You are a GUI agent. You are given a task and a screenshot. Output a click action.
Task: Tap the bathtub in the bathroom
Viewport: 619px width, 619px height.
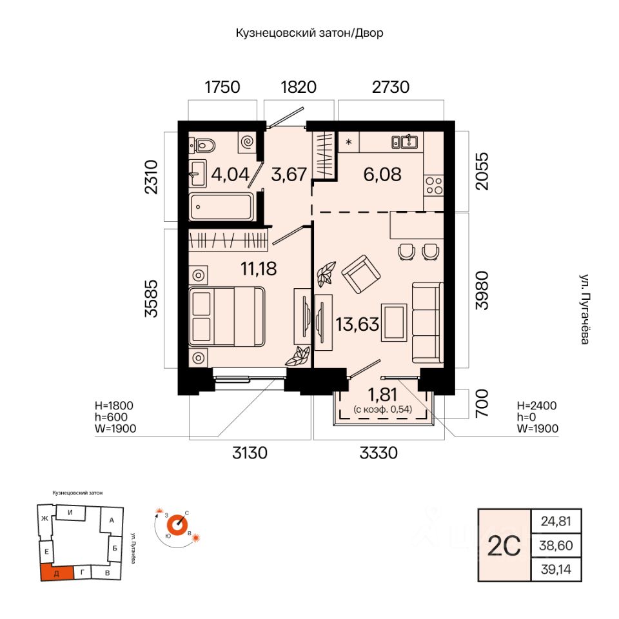[x=221, y=206]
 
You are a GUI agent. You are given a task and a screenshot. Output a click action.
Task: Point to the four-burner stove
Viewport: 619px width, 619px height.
[x=433, y=186]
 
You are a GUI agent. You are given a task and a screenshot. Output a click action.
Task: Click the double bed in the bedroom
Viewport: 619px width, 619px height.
[x=226, y=317]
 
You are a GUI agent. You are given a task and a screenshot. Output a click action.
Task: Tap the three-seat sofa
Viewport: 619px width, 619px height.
[x=427, y=322]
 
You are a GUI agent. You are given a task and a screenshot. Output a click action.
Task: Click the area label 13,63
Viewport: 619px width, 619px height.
[x=357, y=324]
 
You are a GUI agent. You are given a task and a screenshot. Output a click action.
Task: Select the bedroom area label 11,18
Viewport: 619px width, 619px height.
[x=259, y=269]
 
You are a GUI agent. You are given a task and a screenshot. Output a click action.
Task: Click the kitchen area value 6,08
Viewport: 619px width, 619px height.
[x=382, y=175]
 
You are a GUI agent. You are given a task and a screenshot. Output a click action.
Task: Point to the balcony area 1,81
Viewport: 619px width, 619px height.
[x=382, y=394]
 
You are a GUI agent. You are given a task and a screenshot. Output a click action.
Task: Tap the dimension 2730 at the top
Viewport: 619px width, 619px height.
[x=391, y=87]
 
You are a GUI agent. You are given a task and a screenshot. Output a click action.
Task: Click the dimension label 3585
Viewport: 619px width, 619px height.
[x=151, y=299]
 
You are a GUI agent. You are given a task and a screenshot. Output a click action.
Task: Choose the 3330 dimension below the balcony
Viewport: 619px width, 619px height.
[x=378, y=453]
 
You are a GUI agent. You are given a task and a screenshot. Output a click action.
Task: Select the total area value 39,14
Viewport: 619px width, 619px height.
[x=556, y=569]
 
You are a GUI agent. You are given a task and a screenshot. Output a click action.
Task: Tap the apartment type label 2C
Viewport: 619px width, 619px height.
[x=504, y=546]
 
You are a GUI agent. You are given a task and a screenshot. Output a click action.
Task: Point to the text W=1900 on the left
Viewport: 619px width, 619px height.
[x=115, y=428]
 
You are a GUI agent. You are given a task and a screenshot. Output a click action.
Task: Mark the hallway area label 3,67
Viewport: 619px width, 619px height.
[x=289, y=175]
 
